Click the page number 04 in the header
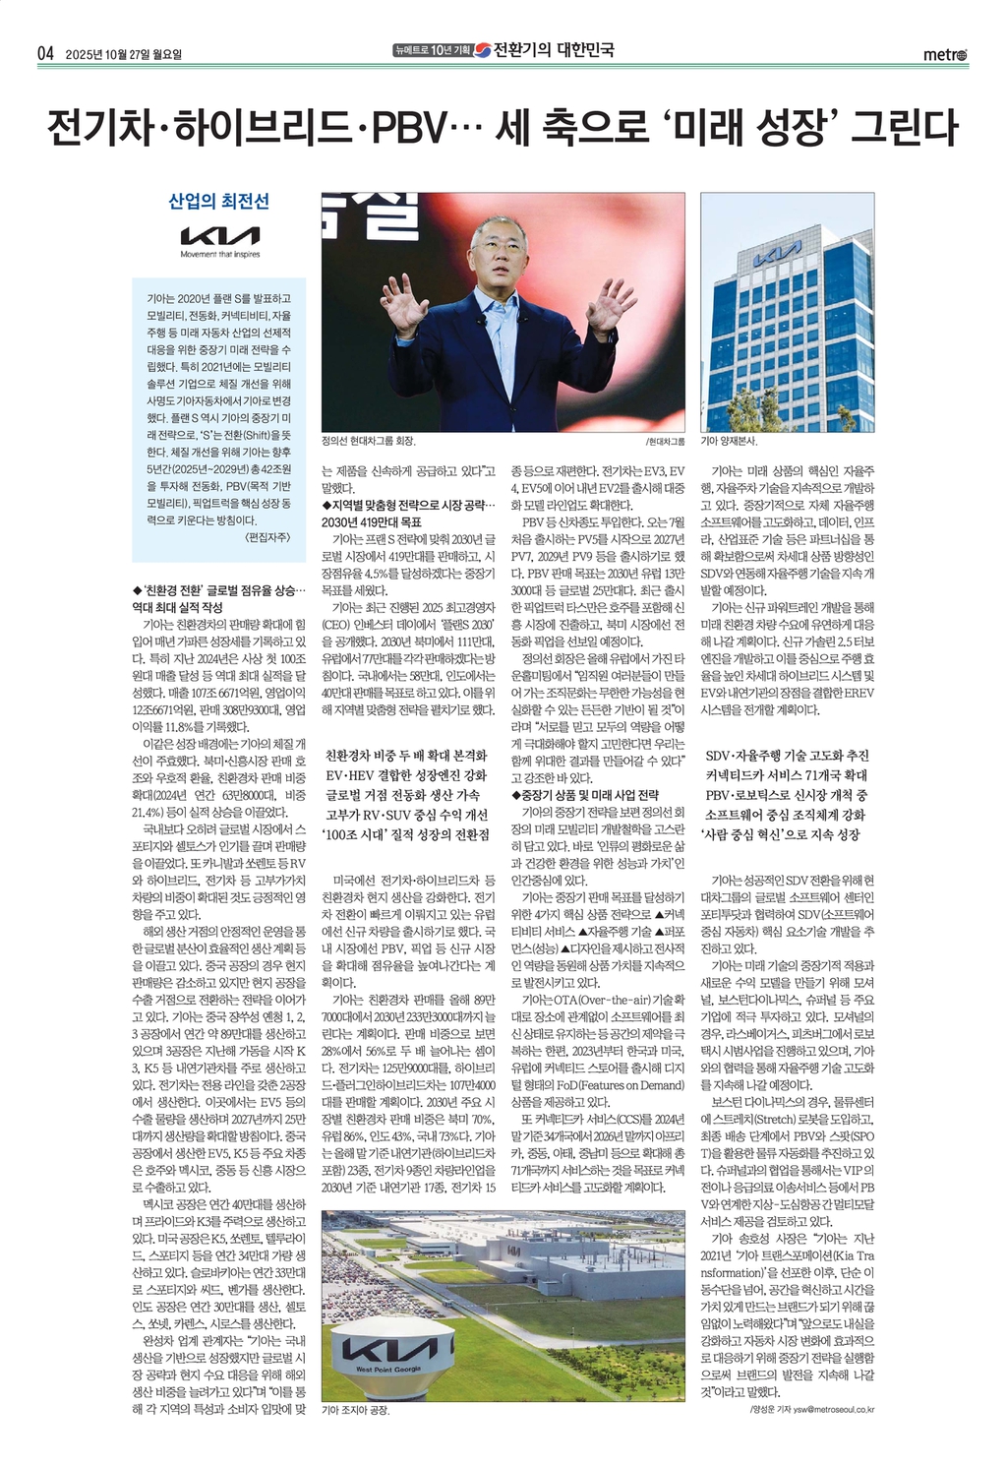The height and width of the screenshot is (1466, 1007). [x=44, y=54]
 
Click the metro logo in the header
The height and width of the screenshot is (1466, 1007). [x=945, y=55]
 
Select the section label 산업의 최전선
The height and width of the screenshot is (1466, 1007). [x=219, y=202]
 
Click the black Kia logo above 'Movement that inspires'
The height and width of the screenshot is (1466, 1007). [x=220, y=236]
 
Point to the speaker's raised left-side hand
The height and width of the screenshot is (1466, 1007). [x=404, y=302]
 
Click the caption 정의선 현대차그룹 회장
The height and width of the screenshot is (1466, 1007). [x=369, y=442]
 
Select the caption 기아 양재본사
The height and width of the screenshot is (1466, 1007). [x=735, y=442]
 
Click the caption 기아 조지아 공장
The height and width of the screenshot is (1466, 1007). [x=356, y=1410]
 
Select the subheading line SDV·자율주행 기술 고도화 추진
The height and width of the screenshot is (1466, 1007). [x=787, y=756]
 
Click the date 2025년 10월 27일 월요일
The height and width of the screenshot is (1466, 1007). [x=124, y=54]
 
